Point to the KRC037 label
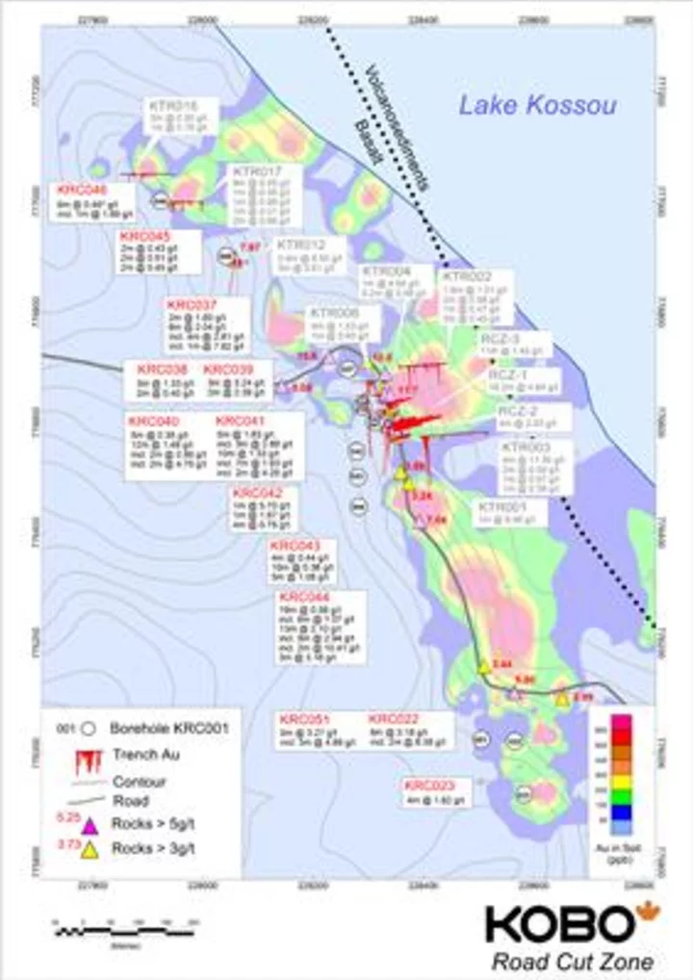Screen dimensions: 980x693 (x=192, y=305)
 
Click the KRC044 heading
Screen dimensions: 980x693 (x=305, y=598)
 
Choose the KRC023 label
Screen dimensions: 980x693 (x=428, y=785)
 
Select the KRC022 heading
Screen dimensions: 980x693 (x=395, y=719)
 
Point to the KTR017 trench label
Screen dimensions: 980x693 (x=253, y=170)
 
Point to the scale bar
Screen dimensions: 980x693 (x=125, y=931)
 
